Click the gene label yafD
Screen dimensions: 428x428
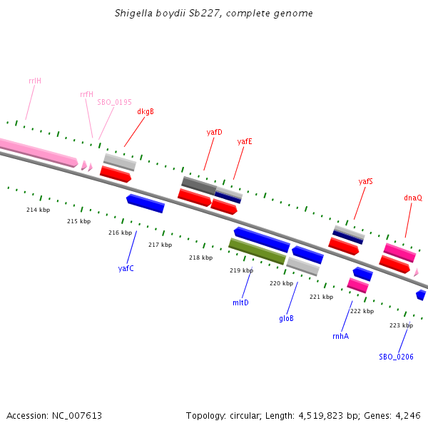(x=214, y=132)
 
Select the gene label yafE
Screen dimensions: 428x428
(x=245, y=141)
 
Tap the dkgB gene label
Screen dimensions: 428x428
(x=146, y=111)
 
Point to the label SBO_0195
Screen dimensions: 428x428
(x=114, y=102)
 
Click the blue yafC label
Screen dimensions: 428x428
(x=126, y=268)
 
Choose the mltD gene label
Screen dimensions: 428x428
(x=240, y=302)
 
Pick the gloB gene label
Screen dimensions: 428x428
(x=286, y=318)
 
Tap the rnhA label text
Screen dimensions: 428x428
(x=340, y=336)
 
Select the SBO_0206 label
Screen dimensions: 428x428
(x=396, y=356)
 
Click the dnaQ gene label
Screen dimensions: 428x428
(x=413, y=198)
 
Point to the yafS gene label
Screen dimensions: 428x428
(x=365, y=181)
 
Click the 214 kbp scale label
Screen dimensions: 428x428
(x=38, y=210)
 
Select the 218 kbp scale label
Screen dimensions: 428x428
(x=200, y=258)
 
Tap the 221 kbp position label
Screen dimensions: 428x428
(x=321, y=297)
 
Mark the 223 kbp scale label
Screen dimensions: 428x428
(x=401, y=325)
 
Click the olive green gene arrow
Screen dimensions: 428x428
(x=257, y=251)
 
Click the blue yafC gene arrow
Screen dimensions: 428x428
(x=146, y=203)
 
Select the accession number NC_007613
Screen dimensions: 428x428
(x=53, y=415)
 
